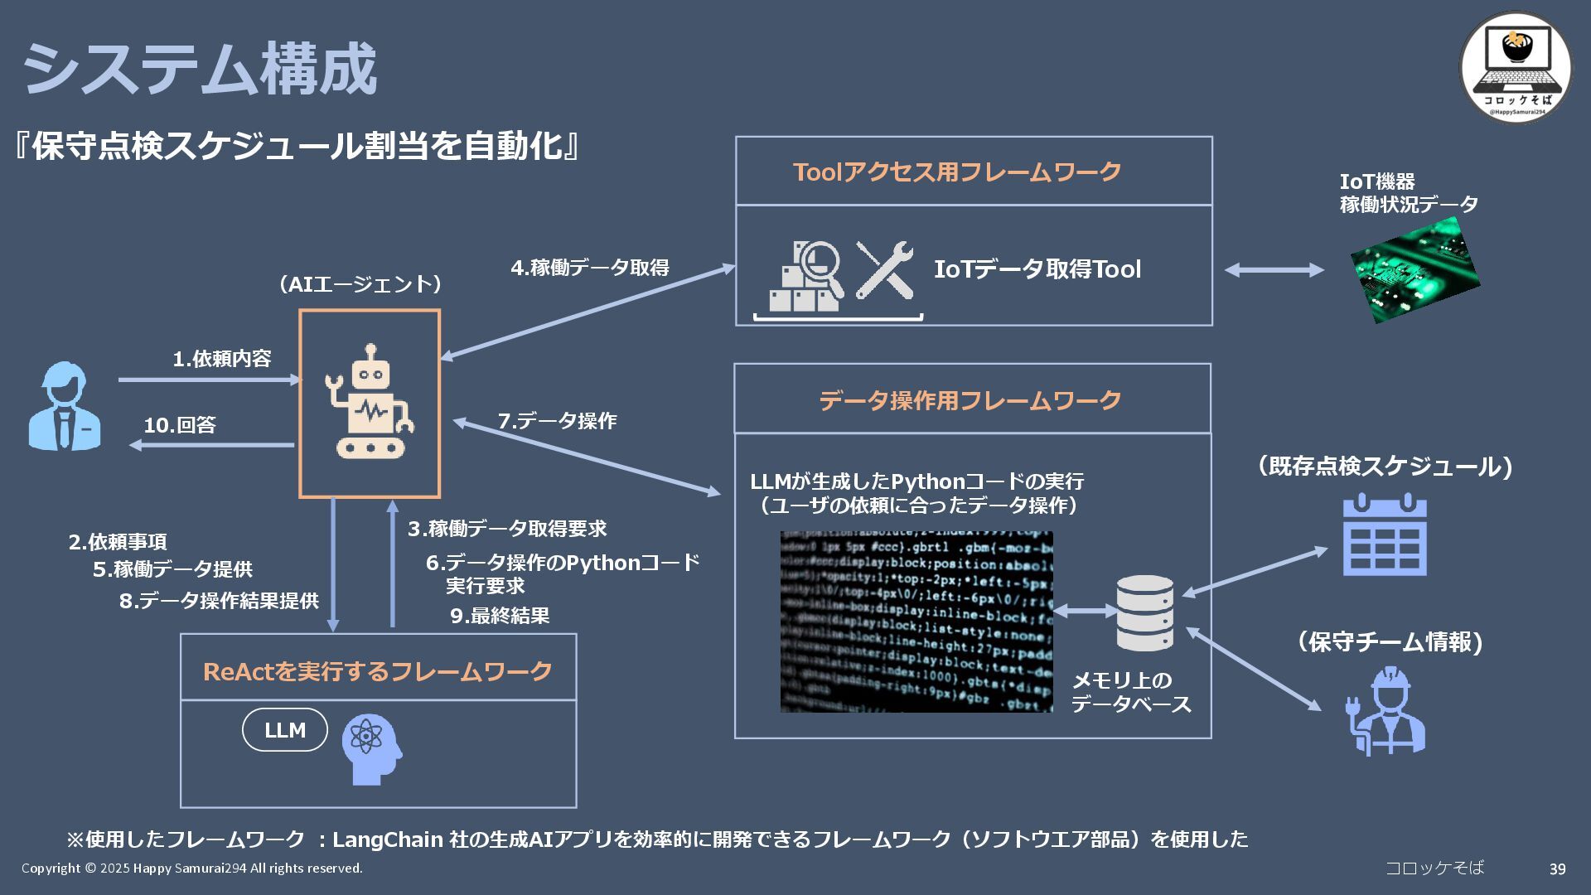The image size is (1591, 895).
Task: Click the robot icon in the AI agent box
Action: tap(370, 403)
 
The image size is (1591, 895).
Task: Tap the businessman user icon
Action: tap(65, 406)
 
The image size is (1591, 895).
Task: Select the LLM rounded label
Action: tap(285, 730)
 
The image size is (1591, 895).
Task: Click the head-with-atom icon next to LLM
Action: tap(372, 748)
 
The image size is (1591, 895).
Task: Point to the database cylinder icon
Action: tap(1144, 613)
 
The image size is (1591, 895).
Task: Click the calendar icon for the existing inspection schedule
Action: tap(1385, 535)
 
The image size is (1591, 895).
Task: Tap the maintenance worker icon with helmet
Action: tap(1385, 711)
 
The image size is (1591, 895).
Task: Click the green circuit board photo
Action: tap(1415, 268)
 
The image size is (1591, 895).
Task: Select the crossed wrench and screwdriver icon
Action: tap(884, 270)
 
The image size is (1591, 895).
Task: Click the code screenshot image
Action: tap(916, 622)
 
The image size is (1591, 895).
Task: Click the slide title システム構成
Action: tap(199, 70)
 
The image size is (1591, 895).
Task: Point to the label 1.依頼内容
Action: tap(222, 359)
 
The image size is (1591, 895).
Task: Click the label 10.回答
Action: tap(180, 425)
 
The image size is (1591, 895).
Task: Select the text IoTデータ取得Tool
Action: tap(1037, 269)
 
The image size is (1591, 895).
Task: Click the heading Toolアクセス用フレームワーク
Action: tap(957, 172)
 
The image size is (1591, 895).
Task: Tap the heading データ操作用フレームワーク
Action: tap(970, 400)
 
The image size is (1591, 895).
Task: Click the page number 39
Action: tap(1557, 868)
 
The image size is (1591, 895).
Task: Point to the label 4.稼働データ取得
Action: tap(590, 268)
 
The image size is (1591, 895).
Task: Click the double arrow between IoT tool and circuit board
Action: tap(1274, 269)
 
